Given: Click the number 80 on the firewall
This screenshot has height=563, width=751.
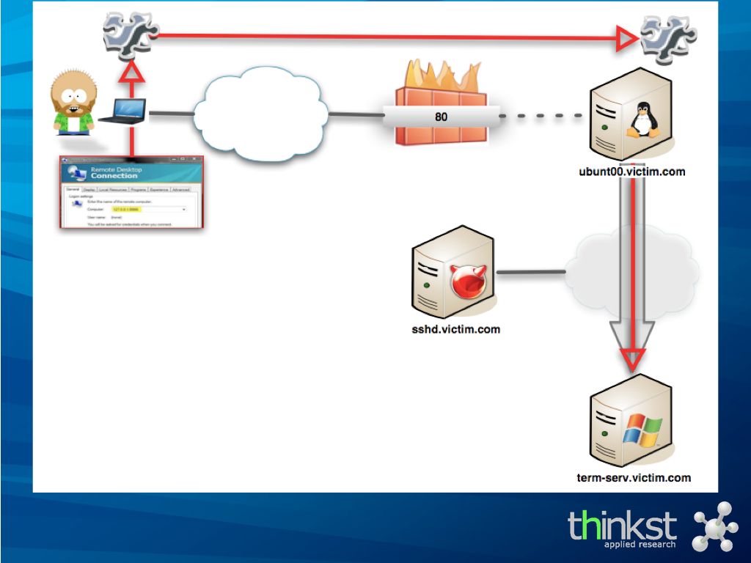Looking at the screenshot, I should coord(441,116).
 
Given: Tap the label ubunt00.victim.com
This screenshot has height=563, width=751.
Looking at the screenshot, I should coord(631,172).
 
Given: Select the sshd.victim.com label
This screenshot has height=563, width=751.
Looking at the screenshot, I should coord(455,329).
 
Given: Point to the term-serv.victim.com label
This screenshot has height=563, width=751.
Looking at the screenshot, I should coord(634,477).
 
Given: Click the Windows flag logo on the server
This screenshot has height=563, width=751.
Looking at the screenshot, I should coord(641,430).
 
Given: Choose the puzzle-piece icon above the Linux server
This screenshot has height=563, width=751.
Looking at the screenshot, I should coord(667,36).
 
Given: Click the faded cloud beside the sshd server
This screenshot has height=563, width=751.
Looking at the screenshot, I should coord(631,275).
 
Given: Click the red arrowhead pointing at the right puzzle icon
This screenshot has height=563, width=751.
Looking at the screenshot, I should coord(628,36).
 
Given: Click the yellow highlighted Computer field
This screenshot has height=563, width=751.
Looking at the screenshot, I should coord(126,209).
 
